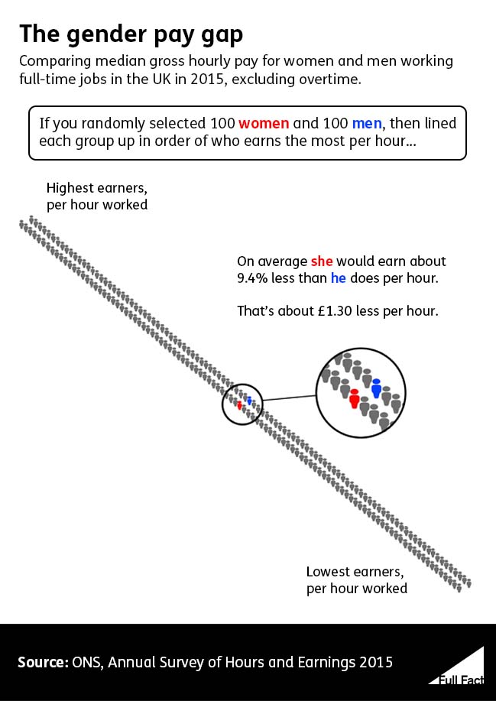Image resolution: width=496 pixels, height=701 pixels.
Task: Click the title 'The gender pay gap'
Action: click(x=131, y=34)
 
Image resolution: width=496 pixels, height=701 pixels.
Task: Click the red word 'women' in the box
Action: click(x=264, y=124)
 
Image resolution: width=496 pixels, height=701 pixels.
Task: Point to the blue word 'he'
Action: click(x=338, y=278)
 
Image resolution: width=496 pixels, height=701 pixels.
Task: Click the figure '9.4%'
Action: click(x=253, y=278)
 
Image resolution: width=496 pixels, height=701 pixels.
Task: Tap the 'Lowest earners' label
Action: click(x=354, y=572)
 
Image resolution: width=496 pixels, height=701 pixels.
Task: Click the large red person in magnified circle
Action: click(x=354, y=398)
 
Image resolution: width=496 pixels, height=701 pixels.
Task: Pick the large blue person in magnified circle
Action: click(x=376, y=388)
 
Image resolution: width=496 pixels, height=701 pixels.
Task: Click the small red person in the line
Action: click(x=239, y=405)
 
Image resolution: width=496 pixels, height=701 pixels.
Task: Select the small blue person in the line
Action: click(x=249, y=401)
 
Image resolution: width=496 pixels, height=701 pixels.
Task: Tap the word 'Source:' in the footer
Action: click(x=42, y=662)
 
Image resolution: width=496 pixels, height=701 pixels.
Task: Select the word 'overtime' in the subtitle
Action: click(x=330, y=78)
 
